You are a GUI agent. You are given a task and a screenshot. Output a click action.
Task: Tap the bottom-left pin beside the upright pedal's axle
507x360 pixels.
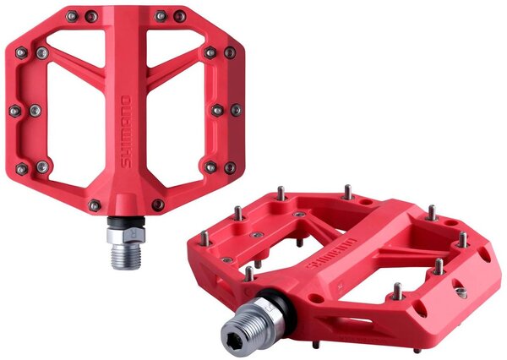(x=94, y=205)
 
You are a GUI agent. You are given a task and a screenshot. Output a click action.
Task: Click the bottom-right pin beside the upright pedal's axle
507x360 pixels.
(x=158, y=205)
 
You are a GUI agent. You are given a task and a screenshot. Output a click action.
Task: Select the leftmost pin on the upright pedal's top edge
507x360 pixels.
(x=72, y=16)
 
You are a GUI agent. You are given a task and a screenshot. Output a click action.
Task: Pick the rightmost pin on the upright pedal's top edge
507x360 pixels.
(x=180, y=15)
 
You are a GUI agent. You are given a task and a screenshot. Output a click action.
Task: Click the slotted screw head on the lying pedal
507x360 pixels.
(x=460, y=292)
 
